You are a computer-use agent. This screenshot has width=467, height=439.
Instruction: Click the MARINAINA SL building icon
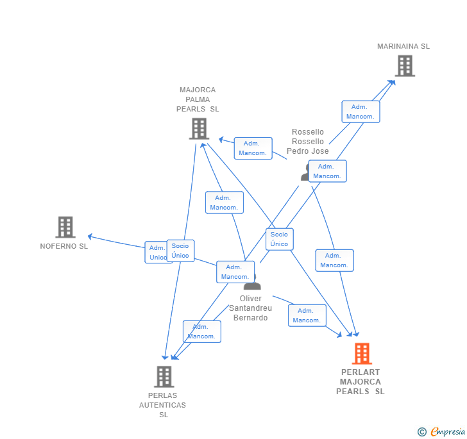click(x=404, y=65)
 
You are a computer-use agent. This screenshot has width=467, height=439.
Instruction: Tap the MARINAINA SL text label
click(x=403, y=46)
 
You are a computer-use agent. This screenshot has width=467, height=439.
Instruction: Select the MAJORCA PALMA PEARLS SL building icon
click(x=199, y=128)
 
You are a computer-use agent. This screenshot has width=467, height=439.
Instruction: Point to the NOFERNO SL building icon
click(x=65, y=227)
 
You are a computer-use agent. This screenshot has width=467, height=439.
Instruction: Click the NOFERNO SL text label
click(x=64, y=246)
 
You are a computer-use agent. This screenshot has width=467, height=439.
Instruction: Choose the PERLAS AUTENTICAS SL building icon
click(x=164, y=376)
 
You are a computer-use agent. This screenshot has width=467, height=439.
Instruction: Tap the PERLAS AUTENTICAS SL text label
click(x=163, y=405)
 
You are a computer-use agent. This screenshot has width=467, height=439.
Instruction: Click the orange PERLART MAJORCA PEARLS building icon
click(x=362, y=354)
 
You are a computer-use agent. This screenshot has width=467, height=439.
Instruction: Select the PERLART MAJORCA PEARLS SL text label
click(x=361, y=382)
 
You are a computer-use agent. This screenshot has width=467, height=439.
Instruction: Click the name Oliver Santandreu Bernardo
click(x=250, y=308)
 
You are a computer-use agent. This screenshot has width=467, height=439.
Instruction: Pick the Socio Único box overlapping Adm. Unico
click(x=180, y=251)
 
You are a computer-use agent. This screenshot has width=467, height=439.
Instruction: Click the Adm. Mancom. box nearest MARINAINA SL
click(x=361, y=112)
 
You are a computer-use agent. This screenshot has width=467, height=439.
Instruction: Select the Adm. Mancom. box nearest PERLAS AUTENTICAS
click(x=201, y=331)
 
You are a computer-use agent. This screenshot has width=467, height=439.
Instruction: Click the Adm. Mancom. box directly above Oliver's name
click(x=235, y=272)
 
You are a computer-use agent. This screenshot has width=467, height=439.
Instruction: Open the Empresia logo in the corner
click(x=448, y=431)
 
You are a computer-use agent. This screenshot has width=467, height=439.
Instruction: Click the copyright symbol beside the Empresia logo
click(x=422, y=432)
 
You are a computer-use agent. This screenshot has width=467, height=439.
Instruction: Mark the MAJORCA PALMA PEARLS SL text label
click(x=198, y=99)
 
